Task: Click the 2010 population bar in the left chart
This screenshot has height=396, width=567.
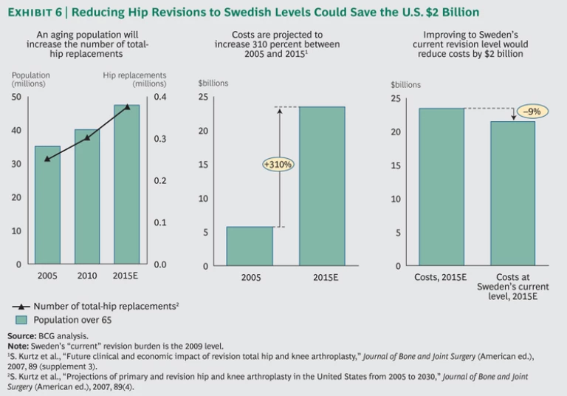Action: [x=87, y=197]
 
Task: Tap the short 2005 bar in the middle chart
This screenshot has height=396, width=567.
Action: [x=250, y=246]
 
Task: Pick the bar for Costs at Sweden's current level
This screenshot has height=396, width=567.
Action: [x=512, y=194]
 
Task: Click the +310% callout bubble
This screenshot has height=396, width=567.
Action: [x=278, y=165]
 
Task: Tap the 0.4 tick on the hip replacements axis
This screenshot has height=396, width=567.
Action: [x=159, y=97]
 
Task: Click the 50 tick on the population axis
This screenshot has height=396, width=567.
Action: [x=16, y=97]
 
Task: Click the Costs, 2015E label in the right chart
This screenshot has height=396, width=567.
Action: [x=441, y=278]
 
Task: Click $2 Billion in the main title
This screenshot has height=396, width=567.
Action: [x=450, y=13]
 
